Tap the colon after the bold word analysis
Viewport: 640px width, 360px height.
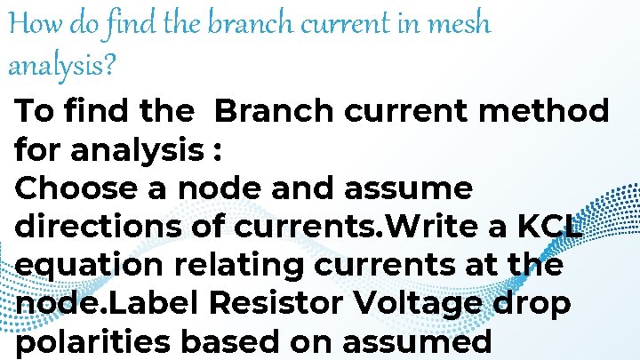coord(216,151)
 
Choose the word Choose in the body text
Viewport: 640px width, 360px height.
coord(77,189)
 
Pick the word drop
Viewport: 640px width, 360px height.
coord(534,304)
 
